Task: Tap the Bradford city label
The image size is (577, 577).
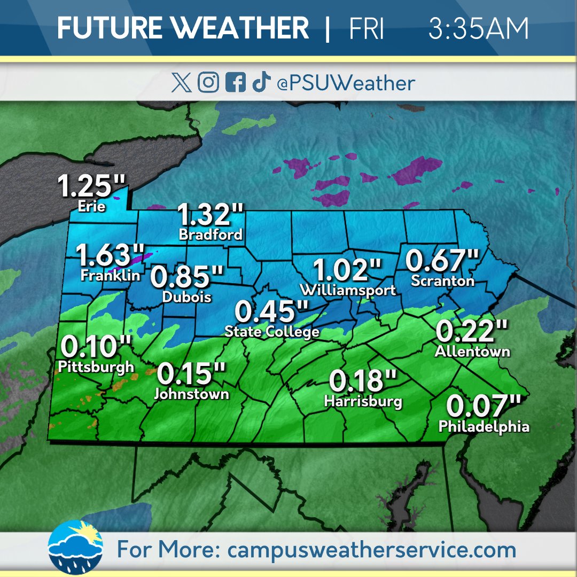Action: pos(210,235)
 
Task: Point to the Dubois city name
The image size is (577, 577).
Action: pos(186,297)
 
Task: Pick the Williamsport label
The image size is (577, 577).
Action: pos(348,290)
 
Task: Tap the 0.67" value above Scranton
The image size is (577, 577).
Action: pos(443,260)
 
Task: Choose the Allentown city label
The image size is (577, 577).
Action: pos(472,352)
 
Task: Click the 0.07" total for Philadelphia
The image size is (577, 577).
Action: pos(484,406)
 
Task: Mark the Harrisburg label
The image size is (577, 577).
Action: pos(363,401)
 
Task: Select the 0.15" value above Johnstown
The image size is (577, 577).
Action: pos(191,374)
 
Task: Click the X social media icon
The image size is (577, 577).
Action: pos(182,83)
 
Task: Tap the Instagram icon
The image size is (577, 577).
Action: pos(208,83)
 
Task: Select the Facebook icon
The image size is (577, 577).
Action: pos(235,83)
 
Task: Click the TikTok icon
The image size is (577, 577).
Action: pos(261,83)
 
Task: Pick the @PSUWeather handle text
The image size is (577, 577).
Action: pos(346,83)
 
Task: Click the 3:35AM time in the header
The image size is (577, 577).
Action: pos(478,28)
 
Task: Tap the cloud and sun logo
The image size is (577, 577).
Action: pos(75,546)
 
